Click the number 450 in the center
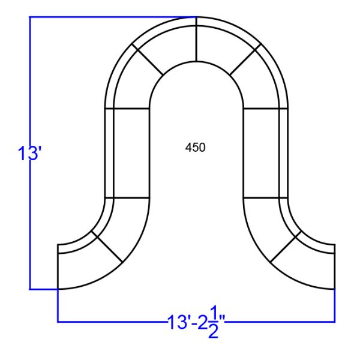196,147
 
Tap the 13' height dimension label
28,154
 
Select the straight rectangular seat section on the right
262,152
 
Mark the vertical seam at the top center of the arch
196,42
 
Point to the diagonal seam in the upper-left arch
148,61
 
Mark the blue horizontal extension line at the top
108,17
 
